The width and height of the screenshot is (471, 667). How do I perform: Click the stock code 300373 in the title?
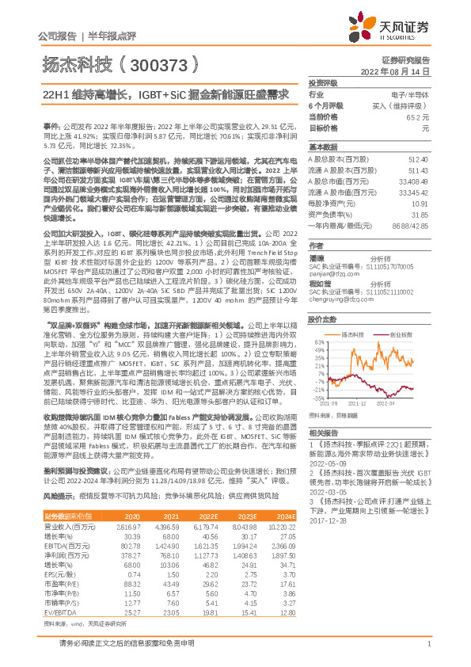(157, 65)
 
